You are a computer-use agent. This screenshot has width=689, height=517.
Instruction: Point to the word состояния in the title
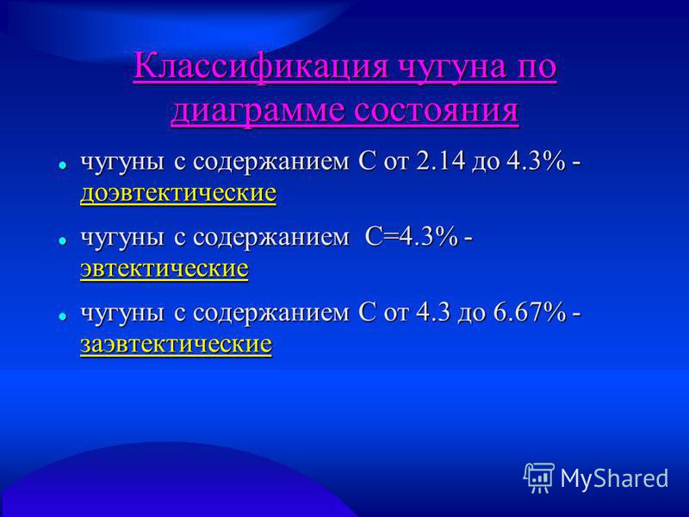(437, 110)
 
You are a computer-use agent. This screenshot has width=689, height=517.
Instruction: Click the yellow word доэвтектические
(178, 193)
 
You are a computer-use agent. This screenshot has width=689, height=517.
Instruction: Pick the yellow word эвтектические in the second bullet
(164, 269)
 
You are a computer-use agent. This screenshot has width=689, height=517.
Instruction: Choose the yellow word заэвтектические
(177, 344)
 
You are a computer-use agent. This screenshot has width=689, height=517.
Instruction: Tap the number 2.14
(439, 161)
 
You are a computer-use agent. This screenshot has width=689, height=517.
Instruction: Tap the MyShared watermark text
(614, 478)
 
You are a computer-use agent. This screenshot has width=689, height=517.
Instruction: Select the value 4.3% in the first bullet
(536, 161)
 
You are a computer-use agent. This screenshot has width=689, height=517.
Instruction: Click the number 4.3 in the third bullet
(432, 313)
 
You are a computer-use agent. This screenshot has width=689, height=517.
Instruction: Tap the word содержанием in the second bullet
(271, 239)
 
